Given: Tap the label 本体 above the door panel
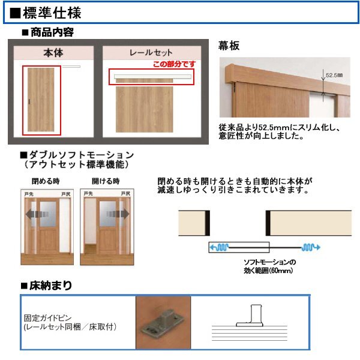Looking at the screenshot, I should tap(53, 53).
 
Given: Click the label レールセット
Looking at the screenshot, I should tap(151, 53).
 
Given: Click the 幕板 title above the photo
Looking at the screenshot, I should tap(231, 46).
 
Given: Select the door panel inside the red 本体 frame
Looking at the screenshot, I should tap(42, 99).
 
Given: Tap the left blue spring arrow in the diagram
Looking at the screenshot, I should tap(217, 247).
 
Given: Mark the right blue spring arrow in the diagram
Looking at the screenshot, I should tap(311, 247).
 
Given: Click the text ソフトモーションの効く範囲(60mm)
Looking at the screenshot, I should tap(269, 266).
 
